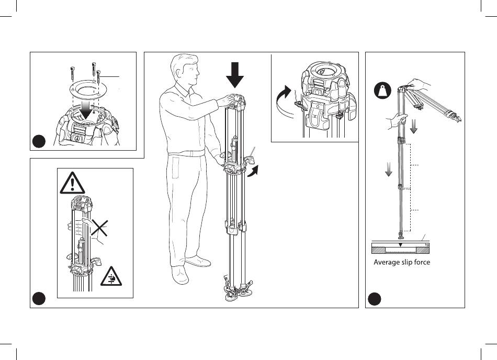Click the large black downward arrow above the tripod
pyautogui.click(x=235, y=74)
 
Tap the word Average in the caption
pyautogui.click(x=387, y=262)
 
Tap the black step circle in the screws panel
pyautogui.click(x=38, y=141)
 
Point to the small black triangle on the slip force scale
pyautogui.click(x=400, y=245)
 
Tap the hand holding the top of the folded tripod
pyautogui.click(x=419, y=84)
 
